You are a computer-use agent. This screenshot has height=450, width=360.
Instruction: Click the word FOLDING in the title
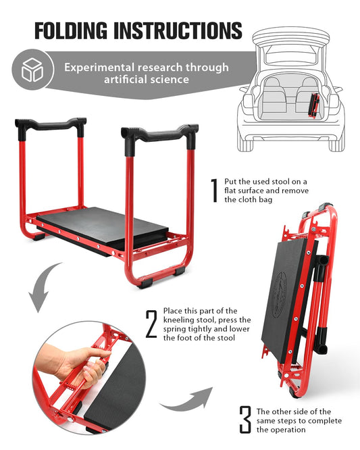(x=71, y=30)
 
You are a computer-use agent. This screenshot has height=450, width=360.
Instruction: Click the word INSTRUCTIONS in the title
(x=178, y=30)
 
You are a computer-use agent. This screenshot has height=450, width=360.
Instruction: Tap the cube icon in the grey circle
(x=32, y=70)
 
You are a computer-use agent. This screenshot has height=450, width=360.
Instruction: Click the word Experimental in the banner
(x=99, y=68)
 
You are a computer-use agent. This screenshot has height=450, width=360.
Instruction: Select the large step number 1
(x=214, y=191)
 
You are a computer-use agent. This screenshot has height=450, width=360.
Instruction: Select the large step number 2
(x=151, y=324)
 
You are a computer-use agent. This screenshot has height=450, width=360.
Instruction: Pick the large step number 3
(x=245, y=420)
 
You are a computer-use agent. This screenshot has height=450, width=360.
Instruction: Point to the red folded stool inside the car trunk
(x=313, y=105)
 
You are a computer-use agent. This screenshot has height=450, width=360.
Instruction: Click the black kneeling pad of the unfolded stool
(x=103, y=227)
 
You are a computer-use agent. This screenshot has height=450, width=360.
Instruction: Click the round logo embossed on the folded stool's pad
(x=279, y=295)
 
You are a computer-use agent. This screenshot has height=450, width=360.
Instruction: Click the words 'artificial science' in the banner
(x=147, y=80)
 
